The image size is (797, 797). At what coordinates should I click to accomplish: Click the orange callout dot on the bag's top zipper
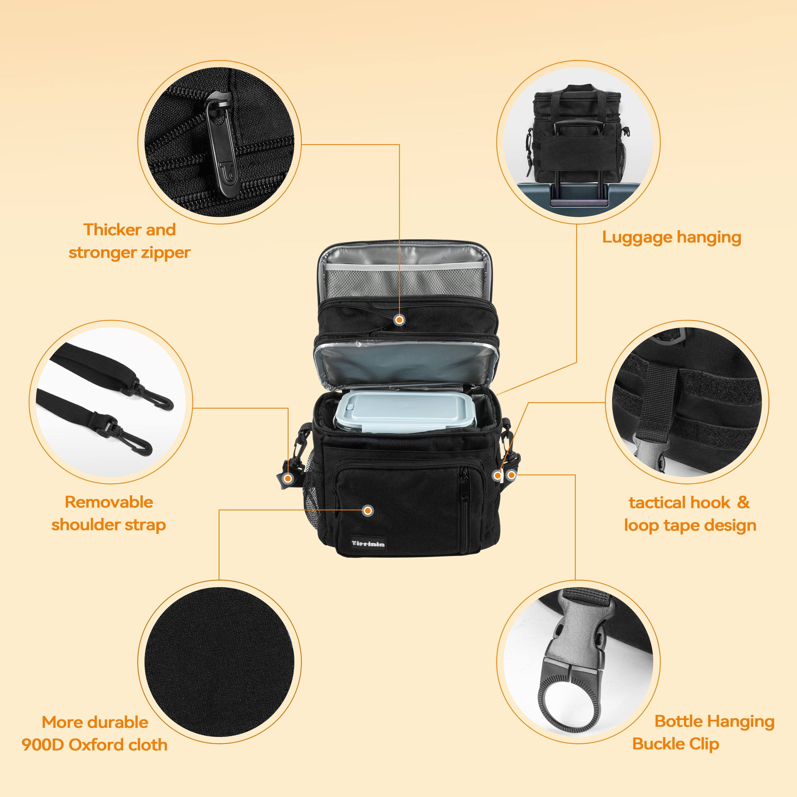coord(399,320)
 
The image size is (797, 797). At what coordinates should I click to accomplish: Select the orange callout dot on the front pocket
coord(368,511)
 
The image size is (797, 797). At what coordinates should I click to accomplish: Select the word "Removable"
coord(109,502)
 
